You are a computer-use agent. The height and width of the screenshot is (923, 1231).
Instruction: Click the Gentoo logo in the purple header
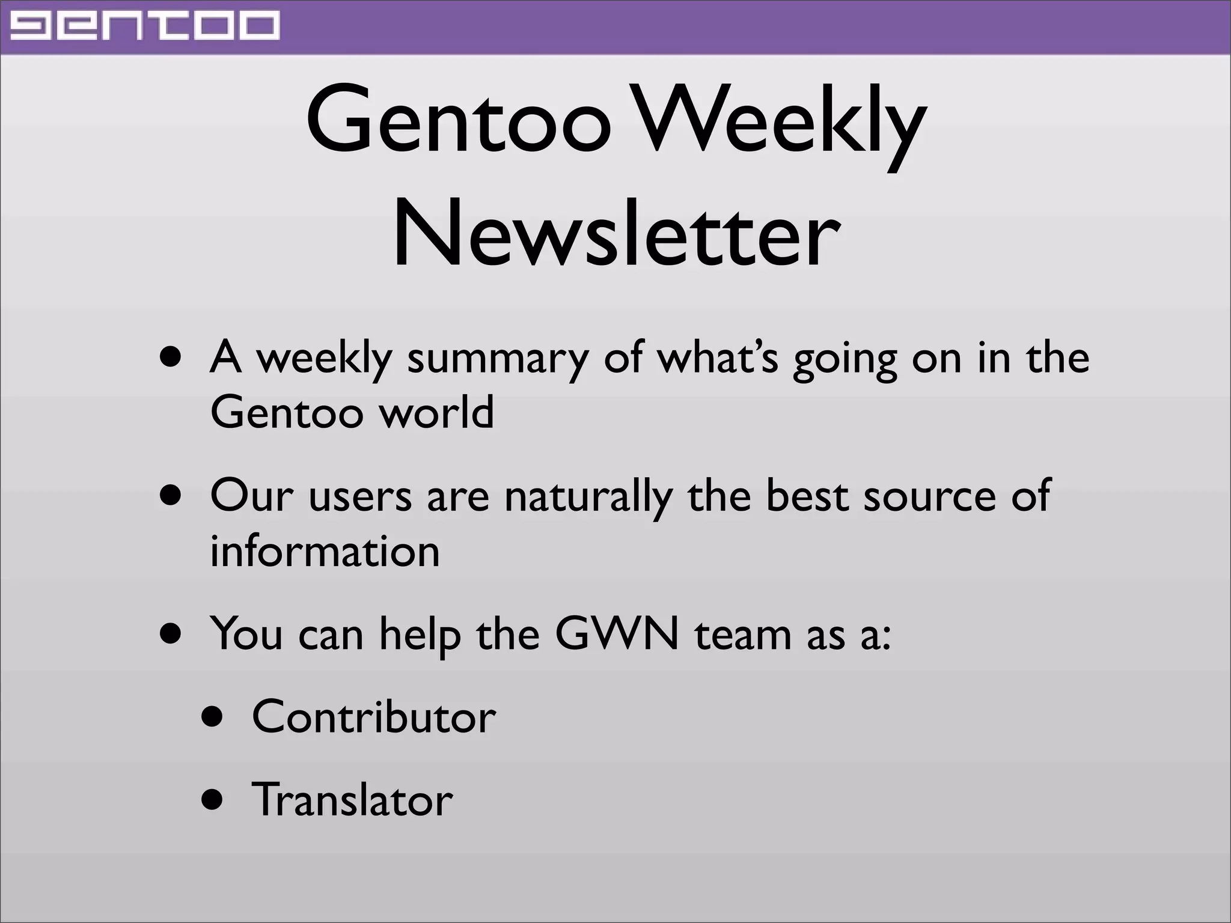(145, 26)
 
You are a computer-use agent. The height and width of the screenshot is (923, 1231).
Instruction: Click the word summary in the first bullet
(498, 359)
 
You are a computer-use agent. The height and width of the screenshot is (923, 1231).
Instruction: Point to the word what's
(718, 358)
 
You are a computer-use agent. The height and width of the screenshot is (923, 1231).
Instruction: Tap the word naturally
(588, 497)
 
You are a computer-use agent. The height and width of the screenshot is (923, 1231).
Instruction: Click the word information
(325, 551)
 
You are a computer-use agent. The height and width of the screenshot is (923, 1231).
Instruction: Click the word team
(743, 634)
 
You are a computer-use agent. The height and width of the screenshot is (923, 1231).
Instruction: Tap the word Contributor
(374, 717)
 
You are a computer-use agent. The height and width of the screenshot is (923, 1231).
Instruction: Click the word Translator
(352, 800)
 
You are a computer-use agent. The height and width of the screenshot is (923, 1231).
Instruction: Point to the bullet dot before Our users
(171, 497)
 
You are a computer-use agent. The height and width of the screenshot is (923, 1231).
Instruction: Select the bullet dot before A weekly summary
(171, 359)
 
